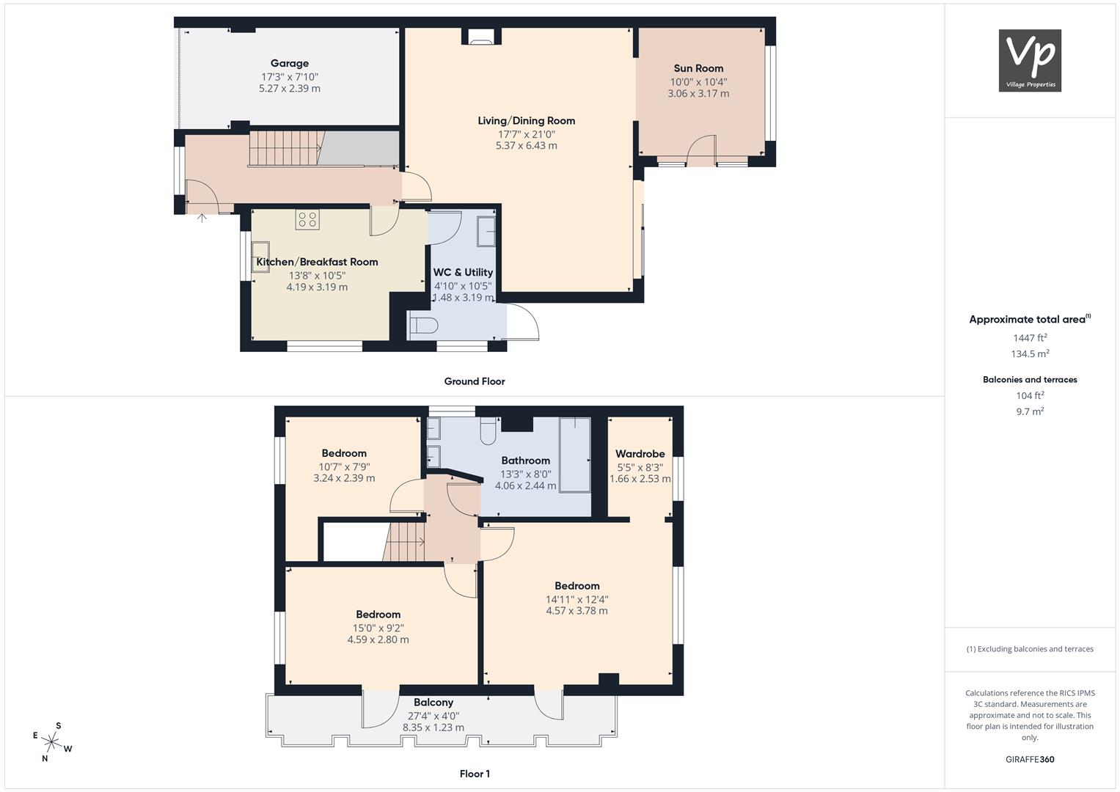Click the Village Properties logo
(x=1030, y=60)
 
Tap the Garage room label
(x=290, y=64)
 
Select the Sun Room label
(x=698, y=68)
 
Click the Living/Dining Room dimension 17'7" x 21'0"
(x=527, y=134)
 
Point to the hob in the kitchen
(x=307, y=219)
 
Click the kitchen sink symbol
(x=260, y=257)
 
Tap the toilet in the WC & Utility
(x=423, y=326)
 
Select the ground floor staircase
(x=286, y=148)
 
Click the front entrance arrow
(x=202, y=218)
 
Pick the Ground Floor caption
(x=475, y=381)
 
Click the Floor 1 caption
(x=475, y=774)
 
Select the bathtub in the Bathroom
(x=575, y=455)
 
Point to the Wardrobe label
(x=640, y=454)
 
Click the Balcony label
(x=433, y=703)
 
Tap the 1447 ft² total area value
(x=1030, y=338)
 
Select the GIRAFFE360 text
(x=1030, y=760)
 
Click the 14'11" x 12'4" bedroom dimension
(x=577, y=600)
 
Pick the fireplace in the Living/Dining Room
(x=481, y=37)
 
